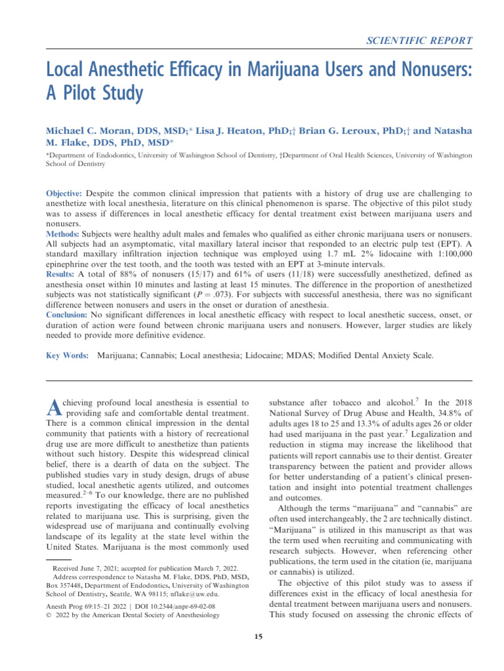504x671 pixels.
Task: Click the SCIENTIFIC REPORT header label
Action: click(x=419, y=41)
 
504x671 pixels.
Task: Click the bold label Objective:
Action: click(x=64, y=195)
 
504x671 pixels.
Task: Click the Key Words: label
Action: click(x=67, y=356)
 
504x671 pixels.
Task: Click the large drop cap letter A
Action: click(x=54, y=408)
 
